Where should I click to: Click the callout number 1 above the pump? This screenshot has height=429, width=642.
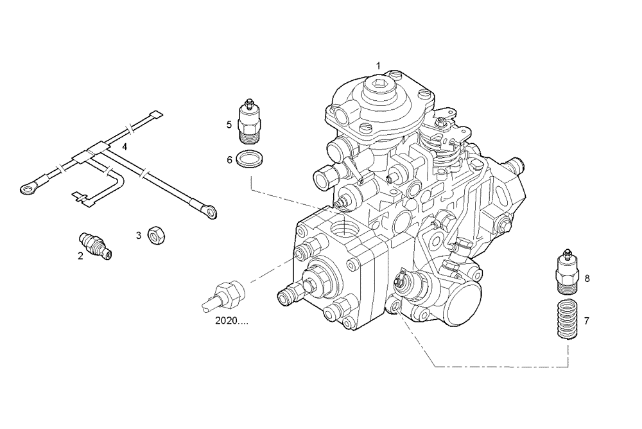click(x=378, y=66)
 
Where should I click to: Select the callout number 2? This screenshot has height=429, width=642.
click(x=80, y=256)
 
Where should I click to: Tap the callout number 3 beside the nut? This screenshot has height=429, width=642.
click(x=138, y=236)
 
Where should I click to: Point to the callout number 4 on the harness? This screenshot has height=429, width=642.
click(x=125, y=147)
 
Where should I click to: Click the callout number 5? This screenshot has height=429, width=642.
click(x=229, y=124)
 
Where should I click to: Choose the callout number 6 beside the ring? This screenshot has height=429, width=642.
click(x=229, y=160)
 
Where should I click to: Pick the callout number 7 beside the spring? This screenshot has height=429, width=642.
click(x=586, y=319)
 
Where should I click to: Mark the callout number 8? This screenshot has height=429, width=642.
click(x=586, y=278)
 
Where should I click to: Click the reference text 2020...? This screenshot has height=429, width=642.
click(x=231, y=320)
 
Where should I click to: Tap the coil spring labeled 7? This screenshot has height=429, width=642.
click(x=566, y=319)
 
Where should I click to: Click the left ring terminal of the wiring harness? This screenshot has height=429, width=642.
click(x=28, y=188)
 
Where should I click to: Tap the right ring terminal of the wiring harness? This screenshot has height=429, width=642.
click(x=210, y=209)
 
